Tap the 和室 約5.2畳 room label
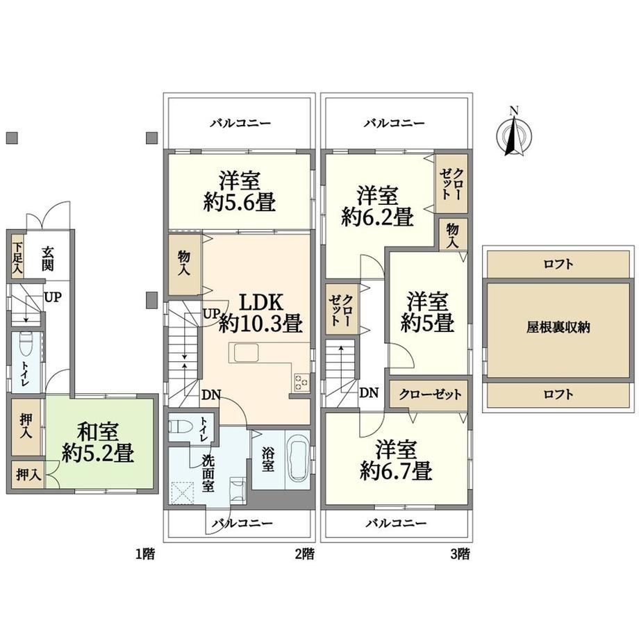coord(98,442)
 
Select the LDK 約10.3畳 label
coord(261,313)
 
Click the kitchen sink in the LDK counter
coord(246,352)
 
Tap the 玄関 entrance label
coord(47,259)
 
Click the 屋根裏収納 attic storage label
coord(558,328)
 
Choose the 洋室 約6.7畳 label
coord(396,460)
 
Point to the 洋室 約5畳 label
coord(427,312)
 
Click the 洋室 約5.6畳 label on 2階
coord(240,192)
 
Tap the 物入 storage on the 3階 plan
coord(453,235)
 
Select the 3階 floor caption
coord(460,554)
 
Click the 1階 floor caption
coord(145,554)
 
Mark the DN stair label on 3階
coord(369,393)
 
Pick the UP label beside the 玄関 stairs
coord(53,297)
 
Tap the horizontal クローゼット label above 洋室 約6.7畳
coord(431,395)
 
